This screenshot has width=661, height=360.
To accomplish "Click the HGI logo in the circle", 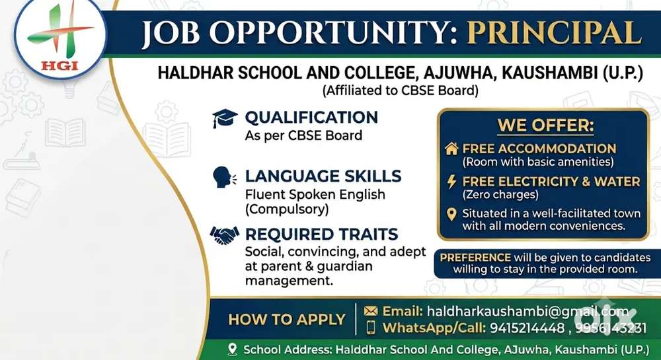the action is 60,38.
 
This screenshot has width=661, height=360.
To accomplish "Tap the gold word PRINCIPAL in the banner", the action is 555,33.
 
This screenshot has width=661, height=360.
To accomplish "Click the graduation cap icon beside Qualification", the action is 225,118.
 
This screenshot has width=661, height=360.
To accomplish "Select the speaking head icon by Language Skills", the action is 224,177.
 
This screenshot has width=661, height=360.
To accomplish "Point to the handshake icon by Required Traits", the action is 225,235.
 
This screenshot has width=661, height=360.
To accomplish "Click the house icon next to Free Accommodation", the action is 451,149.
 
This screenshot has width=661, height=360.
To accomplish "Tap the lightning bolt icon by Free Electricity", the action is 451,182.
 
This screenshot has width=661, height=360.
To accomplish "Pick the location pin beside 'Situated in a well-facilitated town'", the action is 451,214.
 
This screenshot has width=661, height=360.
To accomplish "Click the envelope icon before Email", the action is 371,310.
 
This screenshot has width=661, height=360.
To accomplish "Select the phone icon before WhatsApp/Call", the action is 371,327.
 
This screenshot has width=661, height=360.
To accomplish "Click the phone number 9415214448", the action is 527,328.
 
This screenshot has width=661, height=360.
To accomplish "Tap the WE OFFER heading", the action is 545,126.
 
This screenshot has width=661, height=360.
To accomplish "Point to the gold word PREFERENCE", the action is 475,257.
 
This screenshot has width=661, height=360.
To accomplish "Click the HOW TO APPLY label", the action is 287,320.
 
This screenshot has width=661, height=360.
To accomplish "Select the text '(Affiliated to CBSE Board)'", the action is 400,90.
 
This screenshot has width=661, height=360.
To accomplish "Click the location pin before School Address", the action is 232,349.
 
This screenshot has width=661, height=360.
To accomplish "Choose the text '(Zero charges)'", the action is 500,194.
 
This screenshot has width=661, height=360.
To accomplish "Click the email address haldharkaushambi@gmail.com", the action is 527,311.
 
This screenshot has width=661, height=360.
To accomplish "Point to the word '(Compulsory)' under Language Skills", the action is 287,209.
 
